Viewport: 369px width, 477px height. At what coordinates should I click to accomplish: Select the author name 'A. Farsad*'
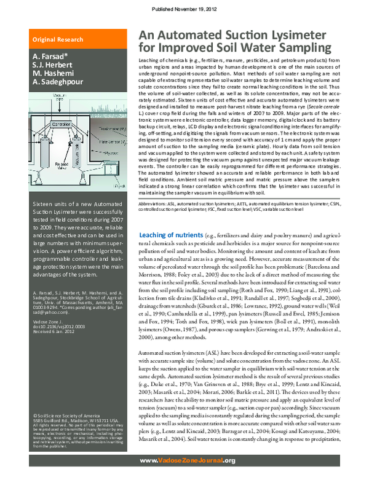click(x=50, y=56)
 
